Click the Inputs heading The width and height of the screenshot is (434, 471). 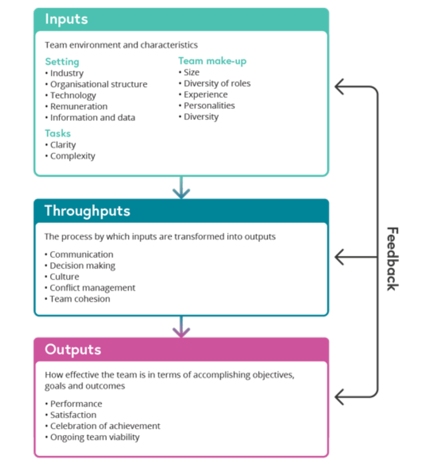pos(67,19)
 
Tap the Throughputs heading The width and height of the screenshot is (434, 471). pos(87,211)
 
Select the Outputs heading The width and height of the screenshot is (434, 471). pos(73,349)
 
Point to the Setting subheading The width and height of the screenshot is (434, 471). pos(62,62)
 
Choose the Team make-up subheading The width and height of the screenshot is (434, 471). pos(212,61)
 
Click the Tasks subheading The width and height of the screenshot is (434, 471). pos(58,133)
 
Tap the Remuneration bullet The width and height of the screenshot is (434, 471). pos(79,106)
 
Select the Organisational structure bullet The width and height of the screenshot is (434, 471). pos(99,84)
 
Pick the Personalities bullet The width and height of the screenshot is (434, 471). pos(209,105)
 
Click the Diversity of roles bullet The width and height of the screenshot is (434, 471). pos(217,83)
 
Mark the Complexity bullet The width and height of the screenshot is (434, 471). pos(73,156)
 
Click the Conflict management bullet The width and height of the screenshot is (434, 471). pos(93,288)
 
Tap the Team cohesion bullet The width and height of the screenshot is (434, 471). pos(80,299)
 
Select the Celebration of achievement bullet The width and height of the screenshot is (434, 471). pos(105,426)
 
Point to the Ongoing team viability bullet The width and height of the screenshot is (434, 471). pos(95,437)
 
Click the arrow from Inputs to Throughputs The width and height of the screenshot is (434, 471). pos(181,188)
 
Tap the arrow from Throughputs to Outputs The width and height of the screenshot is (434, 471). pos(181,327)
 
